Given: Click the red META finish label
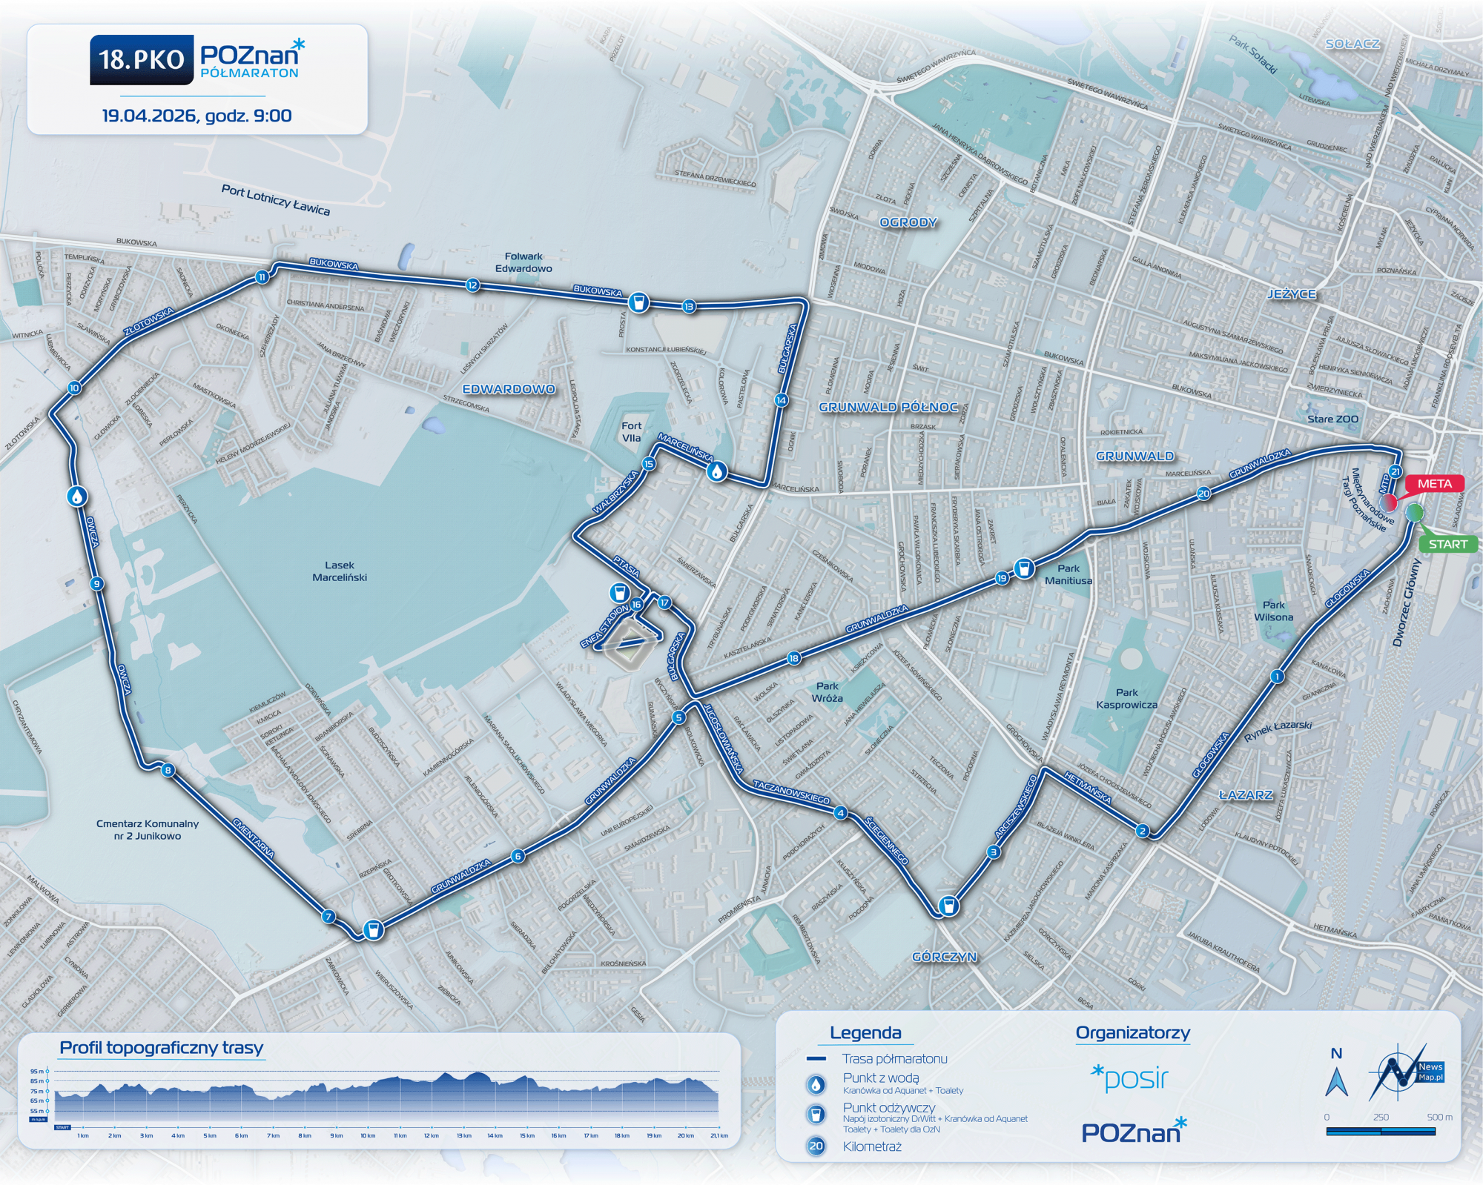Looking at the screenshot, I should click(1434, 484).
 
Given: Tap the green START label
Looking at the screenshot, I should click(1447, 544).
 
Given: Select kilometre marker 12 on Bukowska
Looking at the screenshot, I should click(472, 285).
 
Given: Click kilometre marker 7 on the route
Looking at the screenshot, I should click(328, 917).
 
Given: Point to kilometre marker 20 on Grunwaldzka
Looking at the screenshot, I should click(1203, 494).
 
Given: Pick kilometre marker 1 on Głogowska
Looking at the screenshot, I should click(1277, 676).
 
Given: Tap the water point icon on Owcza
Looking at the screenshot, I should click(76, 496).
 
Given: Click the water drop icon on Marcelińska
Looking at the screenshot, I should click(716, 471).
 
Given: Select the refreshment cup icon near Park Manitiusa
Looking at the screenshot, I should click(1024, 568).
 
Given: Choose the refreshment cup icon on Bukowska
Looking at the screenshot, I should click(638, 302).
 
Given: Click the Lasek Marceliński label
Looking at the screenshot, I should click(340, 571).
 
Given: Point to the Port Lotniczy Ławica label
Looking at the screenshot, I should click(275, 200).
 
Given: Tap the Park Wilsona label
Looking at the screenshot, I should click(1273, 611).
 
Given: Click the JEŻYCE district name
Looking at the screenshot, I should click(1292, 294).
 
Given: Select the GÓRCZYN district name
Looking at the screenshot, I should click(944, 957).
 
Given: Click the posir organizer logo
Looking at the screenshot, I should click(1129, 1079).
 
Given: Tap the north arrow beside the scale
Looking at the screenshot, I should click(1336, 1081).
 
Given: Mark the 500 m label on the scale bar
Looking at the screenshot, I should click(1439, 1117).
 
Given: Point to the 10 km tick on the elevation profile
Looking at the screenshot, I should click(368, 1135).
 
